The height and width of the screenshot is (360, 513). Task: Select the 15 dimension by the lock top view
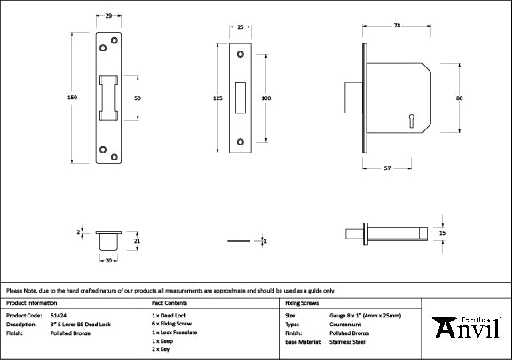(442, 233)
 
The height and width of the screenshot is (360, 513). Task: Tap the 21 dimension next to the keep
(137, 239)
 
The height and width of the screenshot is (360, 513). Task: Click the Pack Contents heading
(170, 302)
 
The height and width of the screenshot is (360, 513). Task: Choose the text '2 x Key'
(163, 349)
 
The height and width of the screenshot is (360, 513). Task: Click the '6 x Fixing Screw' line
(174, 324)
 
